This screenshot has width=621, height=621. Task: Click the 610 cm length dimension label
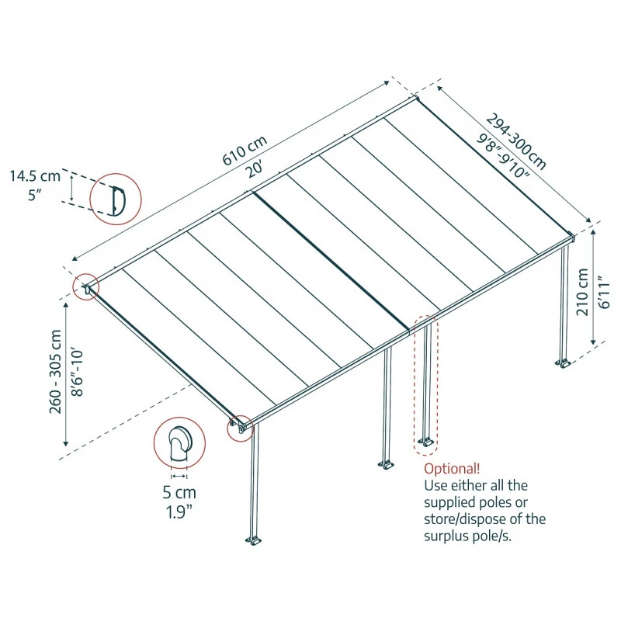(x=245, y=149)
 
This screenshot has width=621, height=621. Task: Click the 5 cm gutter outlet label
(x=179, y=492)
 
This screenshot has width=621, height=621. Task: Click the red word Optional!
(x=452, y=469)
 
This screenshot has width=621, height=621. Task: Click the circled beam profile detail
(x=116, y=198)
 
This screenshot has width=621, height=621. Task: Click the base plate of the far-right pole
(x=563, y=362)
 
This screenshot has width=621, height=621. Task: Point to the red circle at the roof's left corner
(x=86, y=287)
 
